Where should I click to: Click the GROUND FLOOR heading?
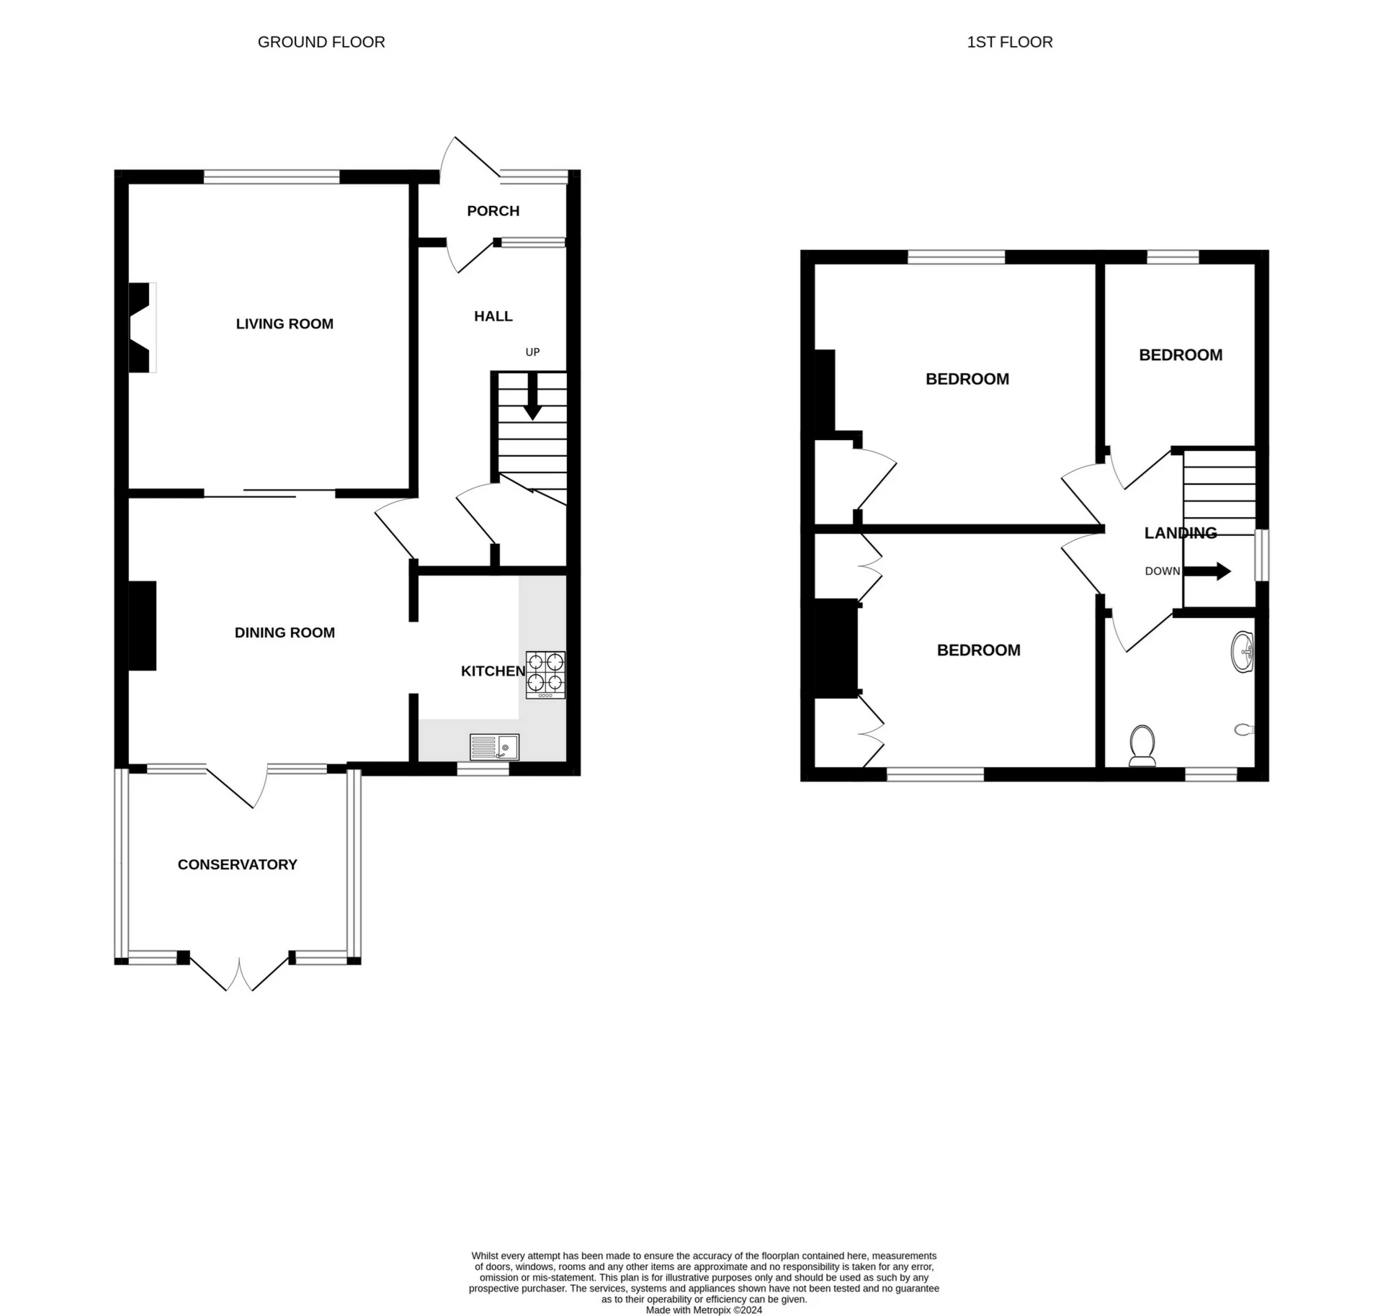pos(321,42)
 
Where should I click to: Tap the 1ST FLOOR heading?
pos(1009,42)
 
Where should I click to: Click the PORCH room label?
pos(493,211)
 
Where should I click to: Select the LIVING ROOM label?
pos(285,324)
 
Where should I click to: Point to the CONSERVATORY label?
pos(237,864)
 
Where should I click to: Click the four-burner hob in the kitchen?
pos(545,675)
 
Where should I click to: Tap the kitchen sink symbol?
pos(494,747)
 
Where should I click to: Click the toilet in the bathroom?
pos(1142,746)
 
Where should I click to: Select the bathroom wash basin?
pos(1244,652)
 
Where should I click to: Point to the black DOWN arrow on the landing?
pos(1207,571)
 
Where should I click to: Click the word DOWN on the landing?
pos(1162,571)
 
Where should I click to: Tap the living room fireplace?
pos(141,328)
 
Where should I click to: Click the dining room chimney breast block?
pos(142,626)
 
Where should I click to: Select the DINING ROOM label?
pos(285,632)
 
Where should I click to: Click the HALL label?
pos(493,316)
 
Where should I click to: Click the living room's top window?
pos(271,176)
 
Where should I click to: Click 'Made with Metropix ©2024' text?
pos(703,1310)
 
